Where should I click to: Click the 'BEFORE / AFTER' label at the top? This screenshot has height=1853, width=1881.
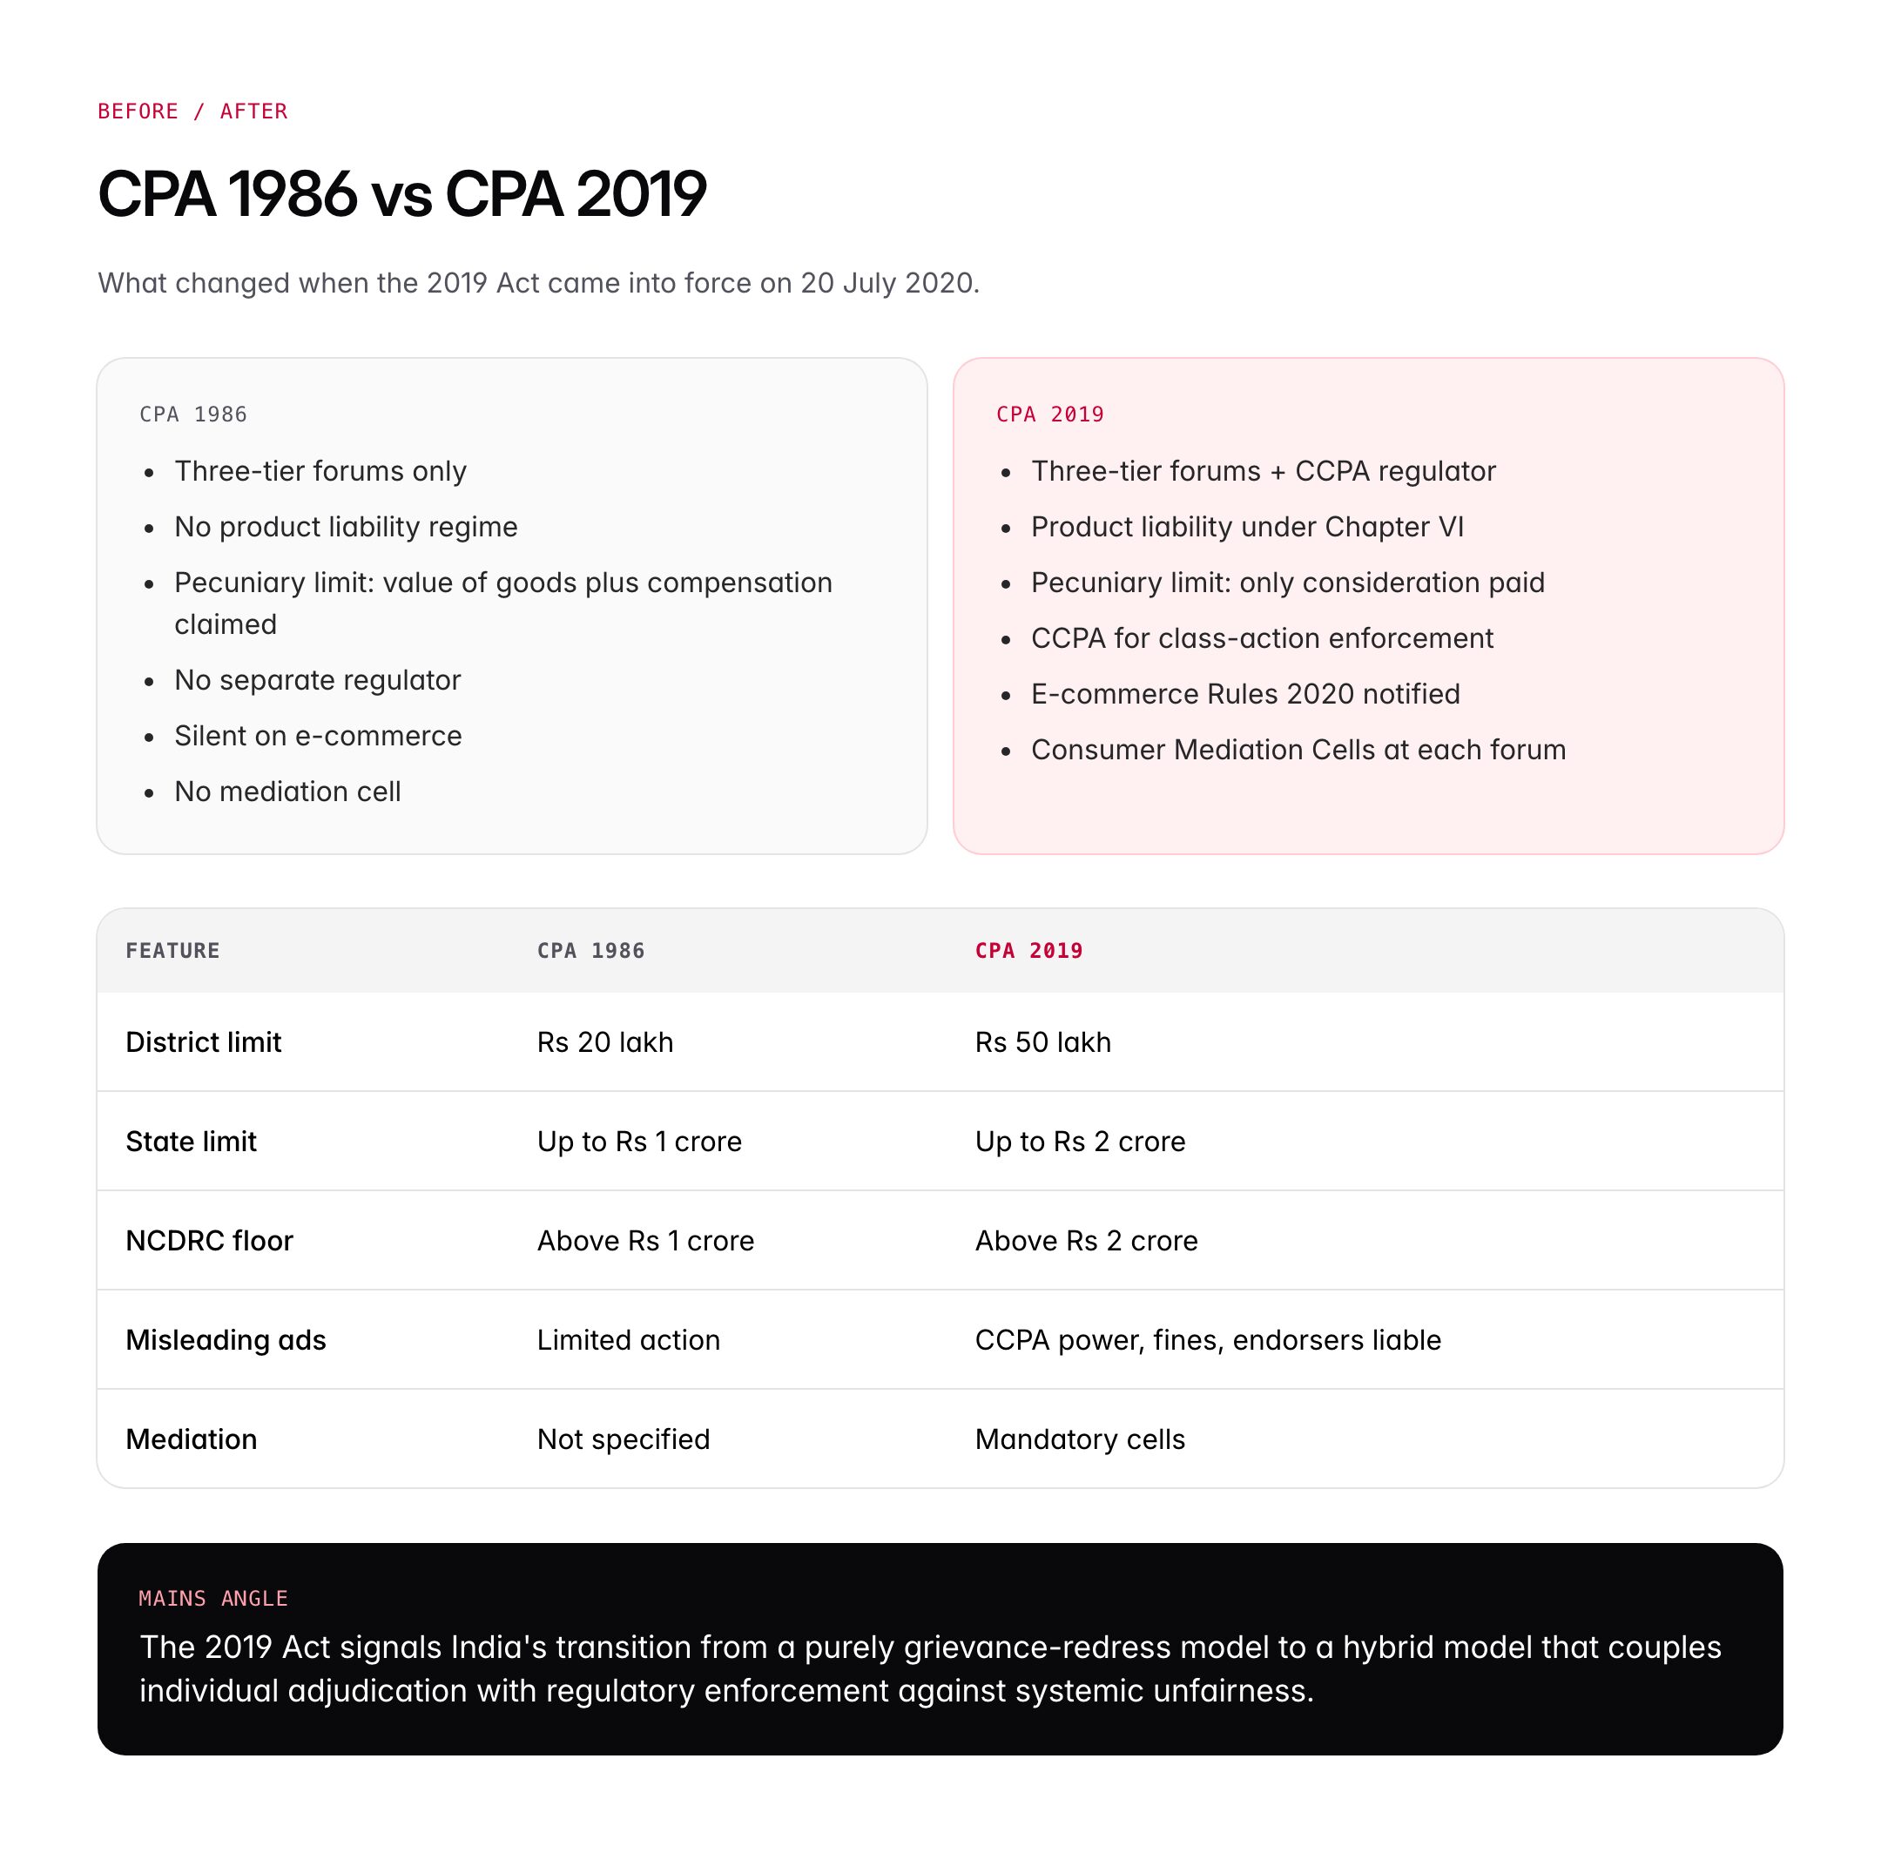192,111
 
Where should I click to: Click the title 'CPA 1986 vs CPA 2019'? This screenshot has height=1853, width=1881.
402,193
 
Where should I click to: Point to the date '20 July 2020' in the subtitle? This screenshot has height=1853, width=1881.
888,283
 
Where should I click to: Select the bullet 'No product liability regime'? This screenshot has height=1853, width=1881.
346,527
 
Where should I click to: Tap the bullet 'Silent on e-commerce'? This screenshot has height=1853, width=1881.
317,736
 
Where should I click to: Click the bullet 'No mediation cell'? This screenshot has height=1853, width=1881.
287,792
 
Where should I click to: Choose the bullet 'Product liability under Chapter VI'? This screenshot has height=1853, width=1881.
1246,527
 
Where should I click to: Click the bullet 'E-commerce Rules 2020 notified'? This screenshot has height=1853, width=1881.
1244,694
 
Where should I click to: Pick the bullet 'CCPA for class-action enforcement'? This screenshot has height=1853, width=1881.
1261,638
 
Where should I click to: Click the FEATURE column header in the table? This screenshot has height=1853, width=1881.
172,951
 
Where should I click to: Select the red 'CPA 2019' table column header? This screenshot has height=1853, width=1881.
1028,951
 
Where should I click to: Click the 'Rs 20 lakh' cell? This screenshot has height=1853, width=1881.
604,1042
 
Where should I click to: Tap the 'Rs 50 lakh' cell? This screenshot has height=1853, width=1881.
1042,1042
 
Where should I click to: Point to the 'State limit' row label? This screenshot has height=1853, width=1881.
191,1142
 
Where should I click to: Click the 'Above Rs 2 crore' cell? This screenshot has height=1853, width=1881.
1086,1241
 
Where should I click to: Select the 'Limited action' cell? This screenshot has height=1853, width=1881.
628,1340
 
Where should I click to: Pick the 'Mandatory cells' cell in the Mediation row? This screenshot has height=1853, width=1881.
1079,1439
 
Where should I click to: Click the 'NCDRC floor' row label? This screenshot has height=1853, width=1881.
209,1241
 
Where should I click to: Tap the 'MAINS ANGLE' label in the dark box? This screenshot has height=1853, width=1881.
213,1598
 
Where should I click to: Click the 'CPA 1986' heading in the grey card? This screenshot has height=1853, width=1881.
192,414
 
